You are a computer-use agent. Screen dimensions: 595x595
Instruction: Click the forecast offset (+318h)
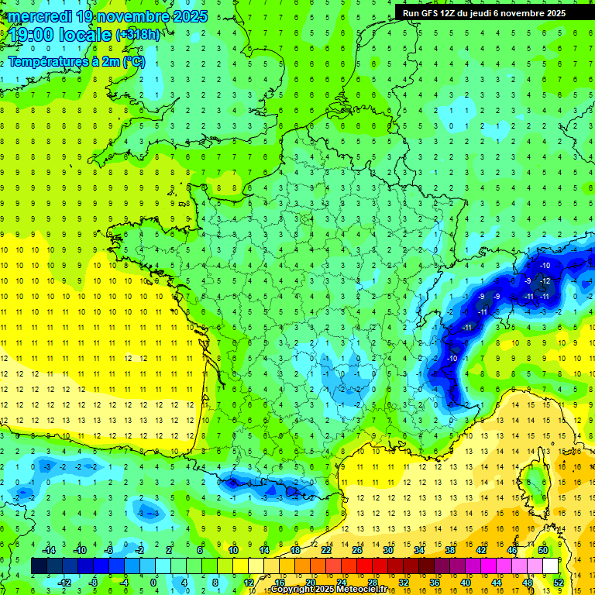pos(139,35)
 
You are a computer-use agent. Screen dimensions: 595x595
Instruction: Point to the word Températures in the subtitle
pos(46,62)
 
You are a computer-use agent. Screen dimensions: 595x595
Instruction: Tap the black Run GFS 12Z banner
pos(484,12)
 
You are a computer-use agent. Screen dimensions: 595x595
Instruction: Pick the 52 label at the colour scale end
pos(559,582)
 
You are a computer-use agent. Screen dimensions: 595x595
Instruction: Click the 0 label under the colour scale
pos(153,582)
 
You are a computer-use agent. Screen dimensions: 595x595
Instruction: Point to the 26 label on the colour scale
pos(357,549)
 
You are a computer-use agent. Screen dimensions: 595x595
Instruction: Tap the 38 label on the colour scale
pos(449,549)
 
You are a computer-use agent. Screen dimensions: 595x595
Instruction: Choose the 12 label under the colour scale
pos(249,582)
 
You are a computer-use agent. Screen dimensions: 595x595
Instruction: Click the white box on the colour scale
pos(550,566)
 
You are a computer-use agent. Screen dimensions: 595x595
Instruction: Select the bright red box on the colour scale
pos(365,566)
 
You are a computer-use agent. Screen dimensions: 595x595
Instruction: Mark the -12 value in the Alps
pos(545,280)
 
